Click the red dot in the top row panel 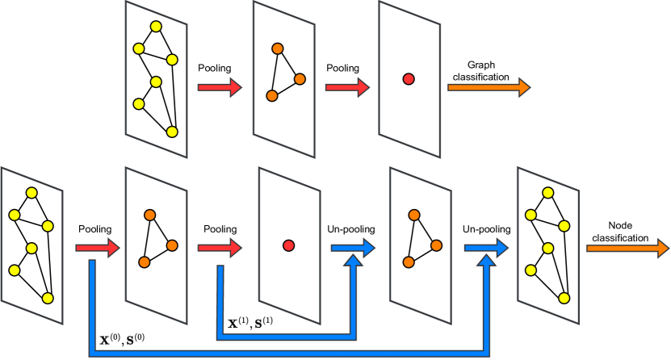coord(409,79)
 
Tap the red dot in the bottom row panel coord(288,245)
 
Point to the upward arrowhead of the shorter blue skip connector coord(353,261)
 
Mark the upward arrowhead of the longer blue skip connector coord(486,261)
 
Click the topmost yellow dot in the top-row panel coord(156,27)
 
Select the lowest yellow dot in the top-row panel coord(172,132)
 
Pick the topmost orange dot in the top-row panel coord(277,48)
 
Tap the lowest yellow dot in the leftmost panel coord(48,298)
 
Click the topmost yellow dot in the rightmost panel coord(547,193)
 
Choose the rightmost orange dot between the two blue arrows coord(436,245)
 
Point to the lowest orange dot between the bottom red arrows coord(144,262)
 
